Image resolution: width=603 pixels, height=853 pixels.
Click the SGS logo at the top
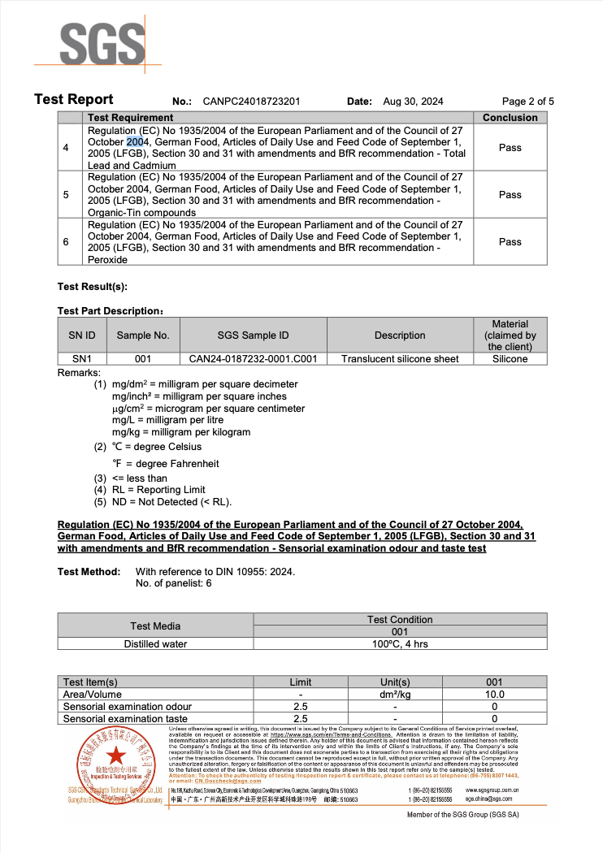coord(97,43)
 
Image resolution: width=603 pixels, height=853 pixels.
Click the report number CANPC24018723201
coord(252,102)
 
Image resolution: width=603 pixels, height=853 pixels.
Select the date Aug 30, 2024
coord(413,102)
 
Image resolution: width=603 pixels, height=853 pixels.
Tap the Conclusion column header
coord(510,118)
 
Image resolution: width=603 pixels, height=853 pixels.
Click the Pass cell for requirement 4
coord(510,148)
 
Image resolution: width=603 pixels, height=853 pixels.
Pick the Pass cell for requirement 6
coord(510,242)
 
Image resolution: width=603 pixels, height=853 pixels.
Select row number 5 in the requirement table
coord(66,195)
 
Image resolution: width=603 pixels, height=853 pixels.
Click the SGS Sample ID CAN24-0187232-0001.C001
coord(253,359)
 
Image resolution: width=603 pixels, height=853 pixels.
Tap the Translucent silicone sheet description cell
coord(400,359)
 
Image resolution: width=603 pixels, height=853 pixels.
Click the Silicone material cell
coord(510,359)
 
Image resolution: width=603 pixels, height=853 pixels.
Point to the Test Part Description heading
coord(111,311)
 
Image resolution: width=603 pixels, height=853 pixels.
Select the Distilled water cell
coord(155,644)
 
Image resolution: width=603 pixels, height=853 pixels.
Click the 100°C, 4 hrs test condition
coord(400,644)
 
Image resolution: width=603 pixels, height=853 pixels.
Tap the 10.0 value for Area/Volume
coord(494,695)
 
